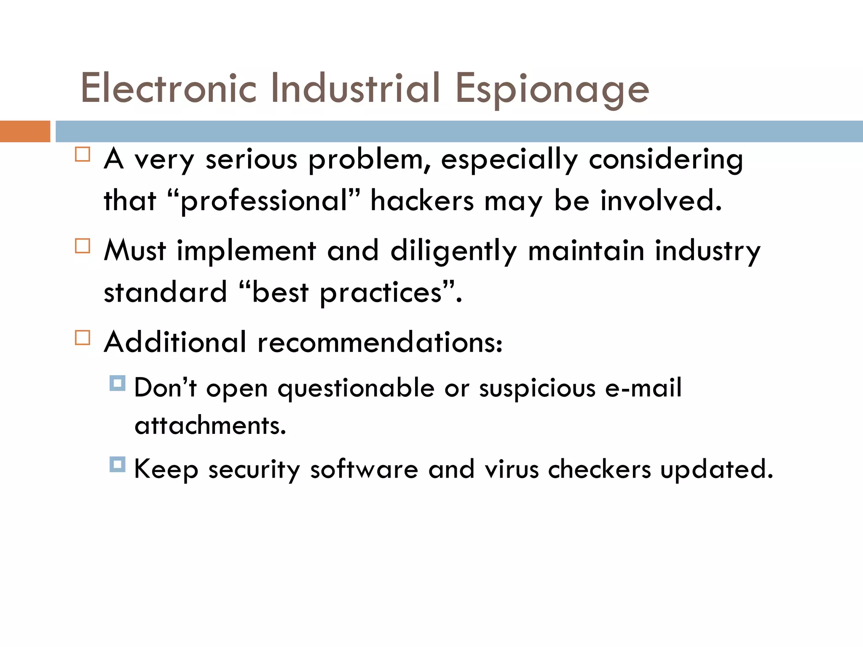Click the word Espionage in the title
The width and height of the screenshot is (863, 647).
point(552,89)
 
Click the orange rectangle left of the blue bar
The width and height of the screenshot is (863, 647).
point(25,131)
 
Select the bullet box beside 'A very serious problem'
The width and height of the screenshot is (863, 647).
point(83,154)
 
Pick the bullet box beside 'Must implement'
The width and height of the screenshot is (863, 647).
point(83,246)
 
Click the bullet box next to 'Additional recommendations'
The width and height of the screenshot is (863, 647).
point(83,337)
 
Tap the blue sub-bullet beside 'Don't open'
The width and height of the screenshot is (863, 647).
point(117,383)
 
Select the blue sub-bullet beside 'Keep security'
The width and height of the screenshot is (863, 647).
point(117,465)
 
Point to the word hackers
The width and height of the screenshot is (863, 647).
point(422,201)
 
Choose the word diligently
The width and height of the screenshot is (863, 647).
point(453,251)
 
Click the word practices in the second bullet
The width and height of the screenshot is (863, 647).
point(381,292)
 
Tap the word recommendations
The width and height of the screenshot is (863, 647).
point(380,342)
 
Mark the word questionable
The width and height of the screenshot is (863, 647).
point(356,388)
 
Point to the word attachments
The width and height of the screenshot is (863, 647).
point(210,425)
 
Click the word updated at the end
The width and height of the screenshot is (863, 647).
point(716,470)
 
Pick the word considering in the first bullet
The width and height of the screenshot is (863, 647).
point(665,160)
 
